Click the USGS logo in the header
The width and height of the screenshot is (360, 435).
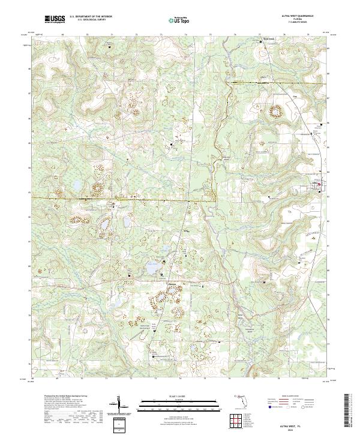tap(55, 20)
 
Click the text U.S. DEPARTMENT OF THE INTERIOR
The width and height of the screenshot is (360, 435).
tap(91, 17)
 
